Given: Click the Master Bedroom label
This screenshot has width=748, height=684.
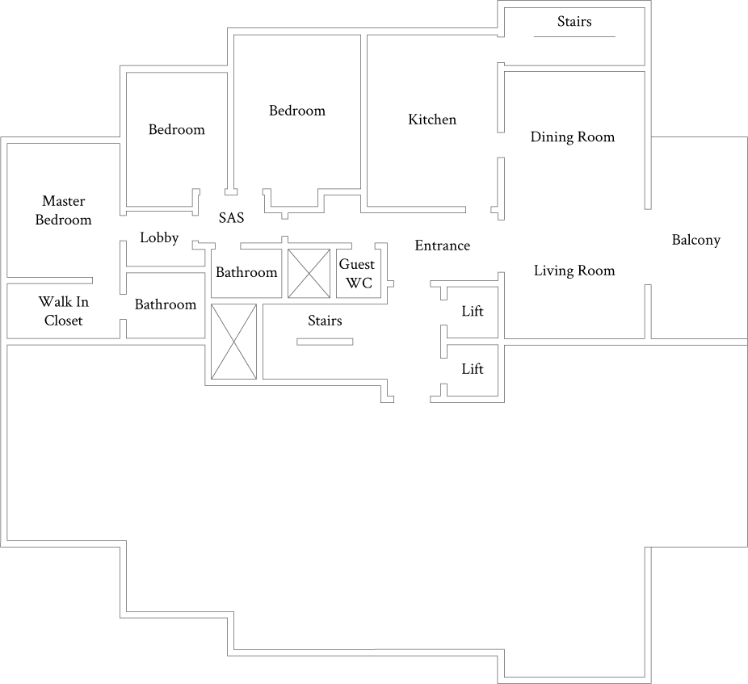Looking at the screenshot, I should [63, 210].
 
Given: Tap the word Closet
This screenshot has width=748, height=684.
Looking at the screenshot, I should [63, 321].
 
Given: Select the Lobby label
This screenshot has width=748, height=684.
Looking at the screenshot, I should [159, 238].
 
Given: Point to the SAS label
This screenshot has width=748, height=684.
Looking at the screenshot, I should [231, 218].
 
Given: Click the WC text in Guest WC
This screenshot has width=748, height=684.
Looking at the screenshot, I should [358, 283].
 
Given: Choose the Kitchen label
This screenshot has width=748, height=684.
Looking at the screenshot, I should [432, 120].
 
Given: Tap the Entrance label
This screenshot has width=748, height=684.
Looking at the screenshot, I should [442, 245].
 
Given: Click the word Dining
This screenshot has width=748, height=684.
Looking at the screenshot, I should [552, 137].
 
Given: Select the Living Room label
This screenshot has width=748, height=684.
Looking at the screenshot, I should [574, 271].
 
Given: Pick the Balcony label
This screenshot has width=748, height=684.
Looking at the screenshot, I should [695, 240].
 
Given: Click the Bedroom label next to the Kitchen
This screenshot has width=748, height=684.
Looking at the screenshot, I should [297, 111].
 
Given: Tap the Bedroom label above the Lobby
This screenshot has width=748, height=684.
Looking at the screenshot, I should [176, 129].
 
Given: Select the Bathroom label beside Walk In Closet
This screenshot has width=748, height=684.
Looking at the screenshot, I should [165, 304].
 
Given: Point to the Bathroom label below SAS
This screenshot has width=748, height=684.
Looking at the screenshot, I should [246, 272].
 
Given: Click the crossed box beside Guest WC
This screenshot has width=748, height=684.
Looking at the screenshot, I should [309, 274].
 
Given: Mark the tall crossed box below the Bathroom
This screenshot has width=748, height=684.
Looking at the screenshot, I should [233, 341].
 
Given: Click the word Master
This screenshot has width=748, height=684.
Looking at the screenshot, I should [63, 201].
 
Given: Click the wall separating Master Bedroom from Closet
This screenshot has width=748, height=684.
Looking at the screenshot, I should [48, 280].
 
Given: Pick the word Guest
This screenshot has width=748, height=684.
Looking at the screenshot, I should [356, 265].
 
